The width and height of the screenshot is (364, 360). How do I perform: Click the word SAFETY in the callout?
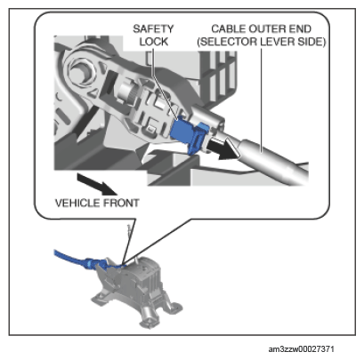pyautogui.click(x=153, y=28)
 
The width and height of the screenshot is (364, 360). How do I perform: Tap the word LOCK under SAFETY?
pyautogui.click(x=154, y=42)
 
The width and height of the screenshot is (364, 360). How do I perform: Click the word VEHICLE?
pyautogui.click(x=77, y=203)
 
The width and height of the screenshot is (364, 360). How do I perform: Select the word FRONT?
pyautogui.click(x=121, y=203)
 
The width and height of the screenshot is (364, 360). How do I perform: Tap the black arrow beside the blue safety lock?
pyautogui.click(x=223, y=149)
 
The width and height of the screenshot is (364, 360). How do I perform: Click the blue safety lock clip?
pyautogui.click(x=190, y=135)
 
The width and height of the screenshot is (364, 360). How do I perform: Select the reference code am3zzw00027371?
pyautogui.click(x=301, y=349)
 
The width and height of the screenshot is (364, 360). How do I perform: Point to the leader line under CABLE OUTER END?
pyautogui.click(x=262, y=100)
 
